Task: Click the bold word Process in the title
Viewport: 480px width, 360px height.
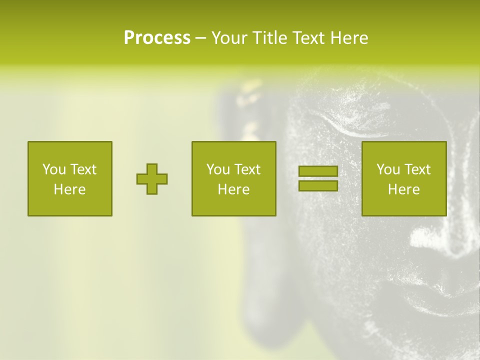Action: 157,37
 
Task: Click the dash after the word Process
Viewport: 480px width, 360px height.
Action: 200,38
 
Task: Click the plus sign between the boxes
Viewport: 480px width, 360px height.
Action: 152,179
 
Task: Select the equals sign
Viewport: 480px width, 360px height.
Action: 318,178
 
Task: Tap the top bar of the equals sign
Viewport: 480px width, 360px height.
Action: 318,171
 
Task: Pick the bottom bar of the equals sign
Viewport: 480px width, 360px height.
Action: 318,186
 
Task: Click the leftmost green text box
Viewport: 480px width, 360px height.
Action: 70,178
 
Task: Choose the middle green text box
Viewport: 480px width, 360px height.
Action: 233,178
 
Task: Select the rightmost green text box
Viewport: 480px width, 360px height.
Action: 404,178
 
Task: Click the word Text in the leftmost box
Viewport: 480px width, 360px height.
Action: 83,169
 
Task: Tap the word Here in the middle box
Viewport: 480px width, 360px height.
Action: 233,189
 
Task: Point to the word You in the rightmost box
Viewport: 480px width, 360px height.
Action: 388,169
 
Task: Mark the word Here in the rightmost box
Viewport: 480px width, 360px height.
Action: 404,189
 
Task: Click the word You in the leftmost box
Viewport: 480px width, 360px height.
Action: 54,169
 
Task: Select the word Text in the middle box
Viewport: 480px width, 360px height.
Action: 247,169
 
